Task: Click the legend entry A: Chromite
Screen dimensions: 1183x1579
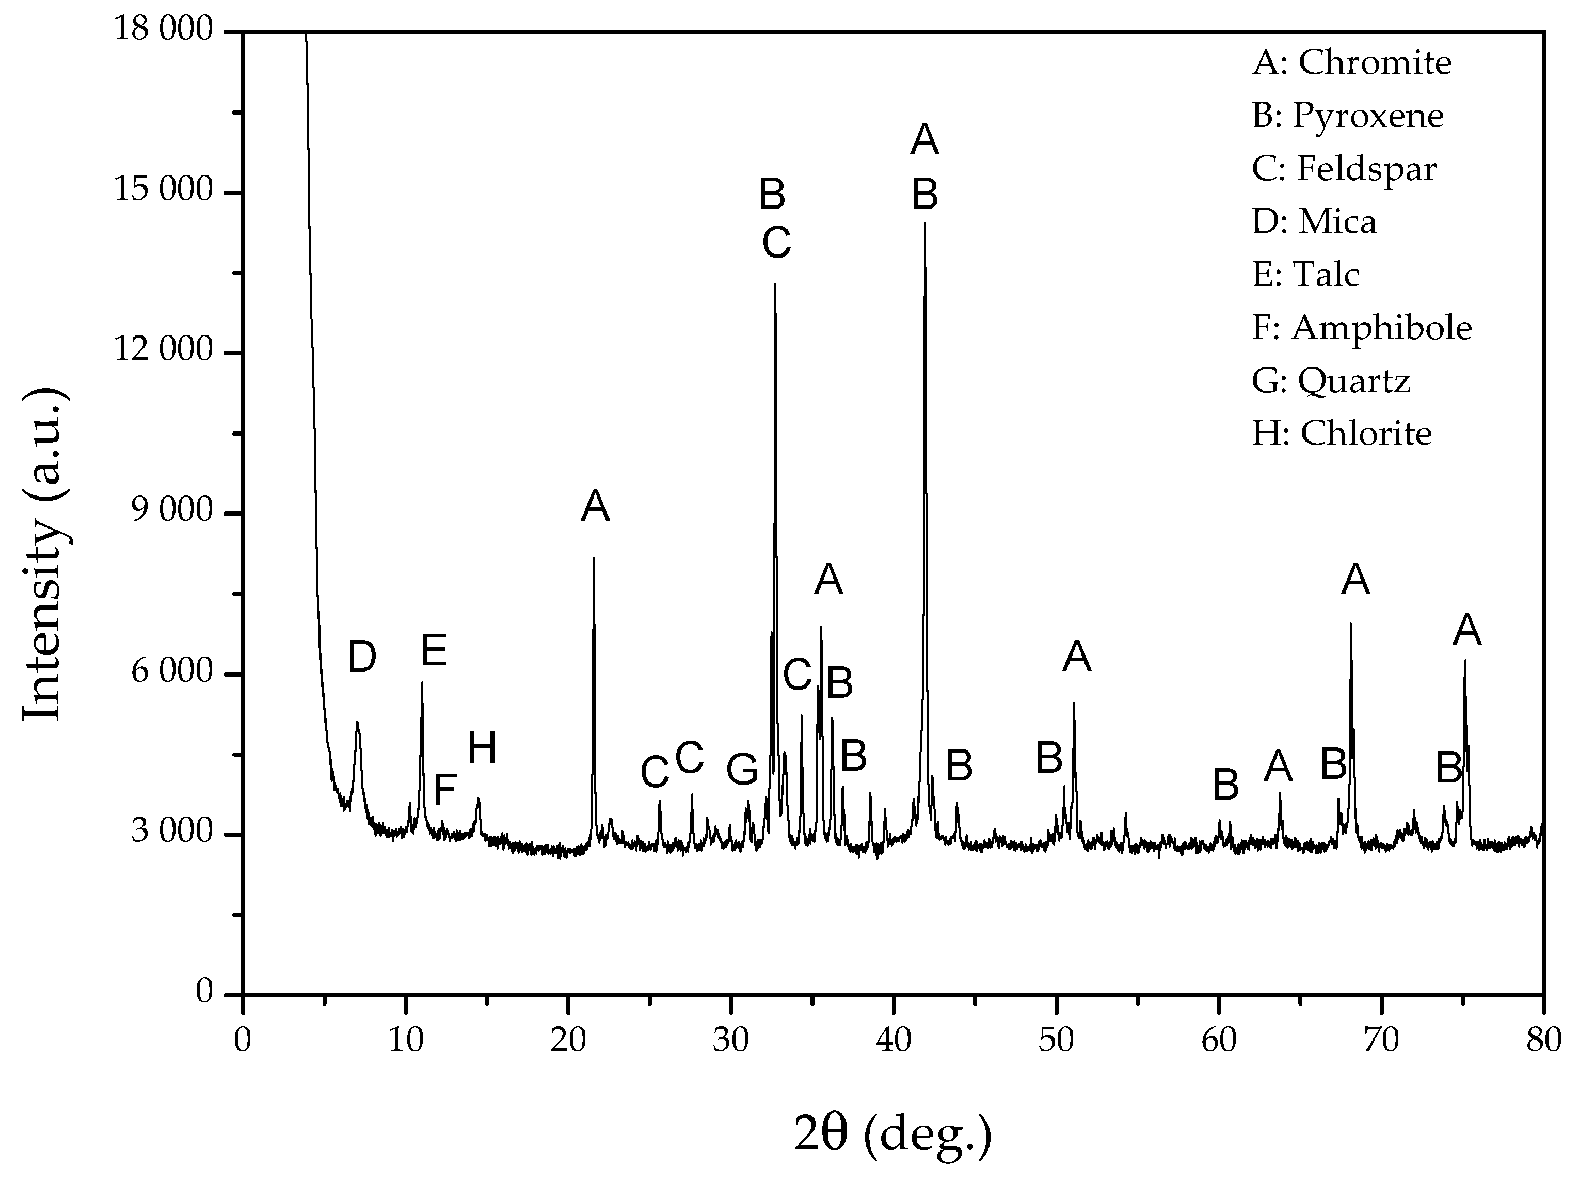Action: click(x=1351, y=63)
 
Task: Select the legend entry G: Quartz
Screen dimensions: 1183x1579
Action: click(x=1331, y=380)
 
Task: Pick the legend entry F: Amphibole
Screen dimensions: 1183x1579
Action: click(x=1361, y=328)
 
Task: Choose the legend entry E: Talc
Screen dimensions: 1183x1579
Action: click(x=1305, y=275)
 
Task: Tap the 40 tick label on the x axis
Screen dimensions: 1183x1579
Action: click(x=893, y=1041)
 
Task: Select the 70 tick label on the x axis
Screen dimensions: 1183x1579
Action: click(x=1381, y=1041)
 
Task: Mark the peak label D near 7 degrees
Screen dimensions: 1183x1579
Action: click(x=362, y=658)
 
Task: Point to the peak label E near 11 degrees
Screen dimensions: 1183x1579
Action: click(x=434, y=651)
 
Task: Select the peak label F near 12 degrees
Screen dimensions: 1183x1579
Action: click(x=445, y=790)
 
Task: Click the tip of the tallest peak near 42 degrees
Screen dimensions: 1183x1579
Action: click(x=925, y=224)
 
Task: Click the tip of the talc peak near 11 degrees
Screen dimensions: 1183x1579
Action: click(x=422, y=684)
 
